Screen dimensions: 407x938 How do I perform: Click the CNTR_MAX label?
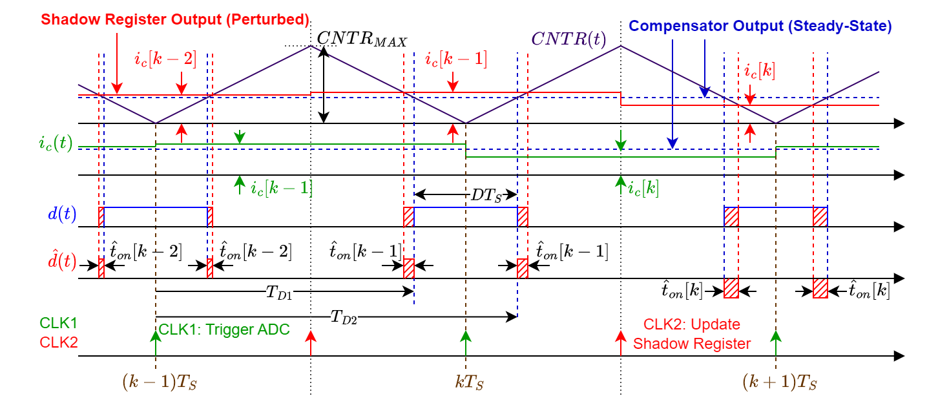pos(362,40)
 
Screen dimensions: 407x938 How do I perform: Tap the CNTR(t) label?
pos(568,39)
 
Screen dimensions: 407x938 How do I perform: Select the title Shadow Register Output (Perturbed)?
pos(174,19)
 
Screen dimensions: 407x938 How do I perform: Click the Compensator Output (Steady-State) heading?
pos(760,26)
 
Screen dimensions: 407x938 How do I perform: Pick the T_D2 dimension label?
pos(344,316)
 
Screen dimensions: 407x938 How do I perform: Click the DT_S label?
pos(484,194)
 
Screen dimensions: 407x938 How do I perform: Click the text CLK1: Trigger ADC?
pos(224,329)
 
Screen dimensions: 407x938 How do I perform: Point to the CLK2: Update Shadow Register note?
pos(692,334)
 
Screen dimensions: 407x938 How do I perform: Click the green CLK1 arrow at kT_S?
pos(466,342)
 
